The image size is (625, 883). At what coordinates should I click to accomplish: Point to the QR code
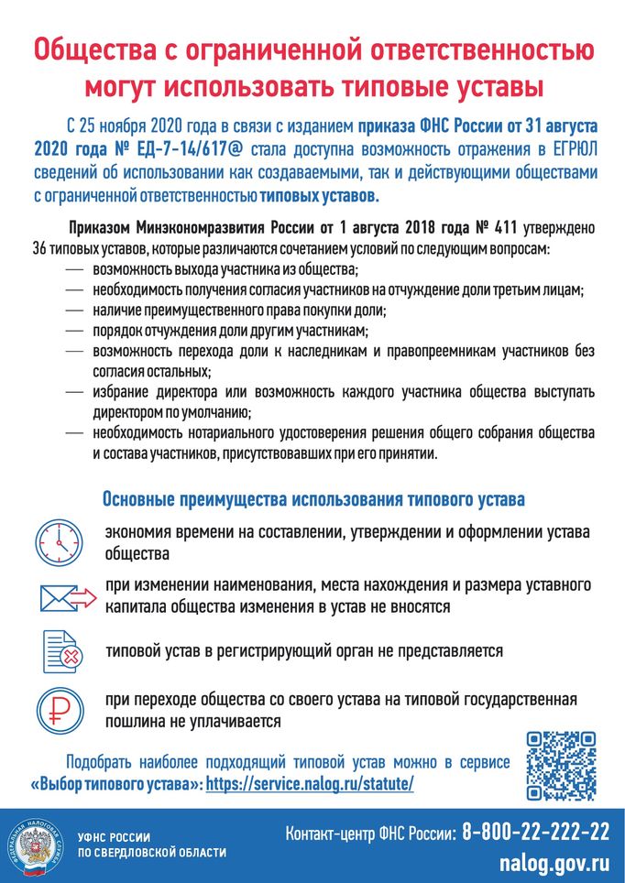(x=562, y=765)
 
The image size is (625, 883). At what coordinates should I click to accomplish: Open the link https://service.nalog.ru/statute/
(x=310, y=785)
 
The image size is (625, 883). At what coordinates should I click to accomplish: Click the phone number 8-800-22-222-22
(x=535, y=832)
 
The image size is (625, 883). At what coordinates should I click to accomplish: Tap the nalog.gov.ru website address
(x=554, y=863)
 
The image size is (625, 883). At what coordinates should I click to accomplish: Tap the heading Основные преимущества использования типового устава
(x=313, y=500)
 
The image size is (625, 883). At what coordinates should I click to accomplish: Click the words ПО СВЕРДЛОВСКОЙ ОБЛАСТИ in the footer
(x=151, y=853)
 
